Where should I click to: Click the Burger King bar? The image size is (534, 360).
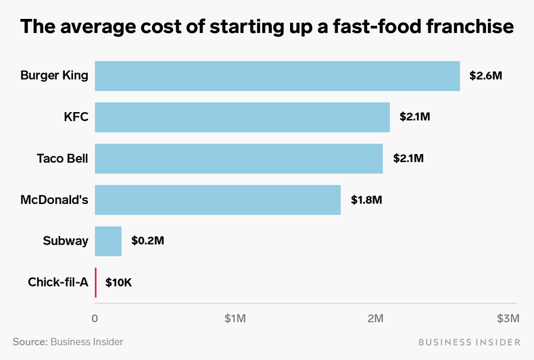(277, 76)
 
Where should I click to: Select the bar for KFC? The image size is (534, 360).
(242, 117)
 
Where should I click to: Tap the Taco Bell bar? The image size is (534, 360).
(239, 159)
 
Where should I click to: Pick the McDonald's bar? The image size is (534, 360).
(218, 200)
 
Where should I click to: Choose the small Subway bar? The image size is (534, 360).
(108, 241)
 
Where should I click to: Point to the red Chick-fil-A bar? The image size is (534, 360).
(95, 282)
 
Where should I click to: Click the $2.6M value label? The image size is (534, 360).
(486, 76)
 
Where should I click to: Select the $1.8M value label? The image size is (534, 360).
(366, 200)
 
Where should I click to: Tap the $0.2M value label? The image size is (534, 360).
(147, 241)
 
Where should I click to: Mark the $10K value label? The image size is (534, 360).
(118, 282)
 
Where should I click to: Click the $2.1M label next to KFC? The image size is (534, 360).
(415, 117)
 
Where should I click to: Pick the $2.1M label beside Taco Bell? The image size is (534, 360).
(408, 159)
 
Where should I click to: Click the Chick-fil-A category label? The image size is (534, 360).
(58, 282)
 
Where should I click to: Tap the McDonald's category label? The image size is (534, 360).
(53, 200)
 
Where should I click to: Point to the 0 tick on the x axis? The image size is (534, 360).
(95, 318)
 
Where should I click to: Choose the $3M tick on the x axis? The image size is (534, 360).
(508, 318)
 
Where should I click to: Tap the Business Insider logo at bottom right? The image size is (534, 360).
(469, 342)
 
